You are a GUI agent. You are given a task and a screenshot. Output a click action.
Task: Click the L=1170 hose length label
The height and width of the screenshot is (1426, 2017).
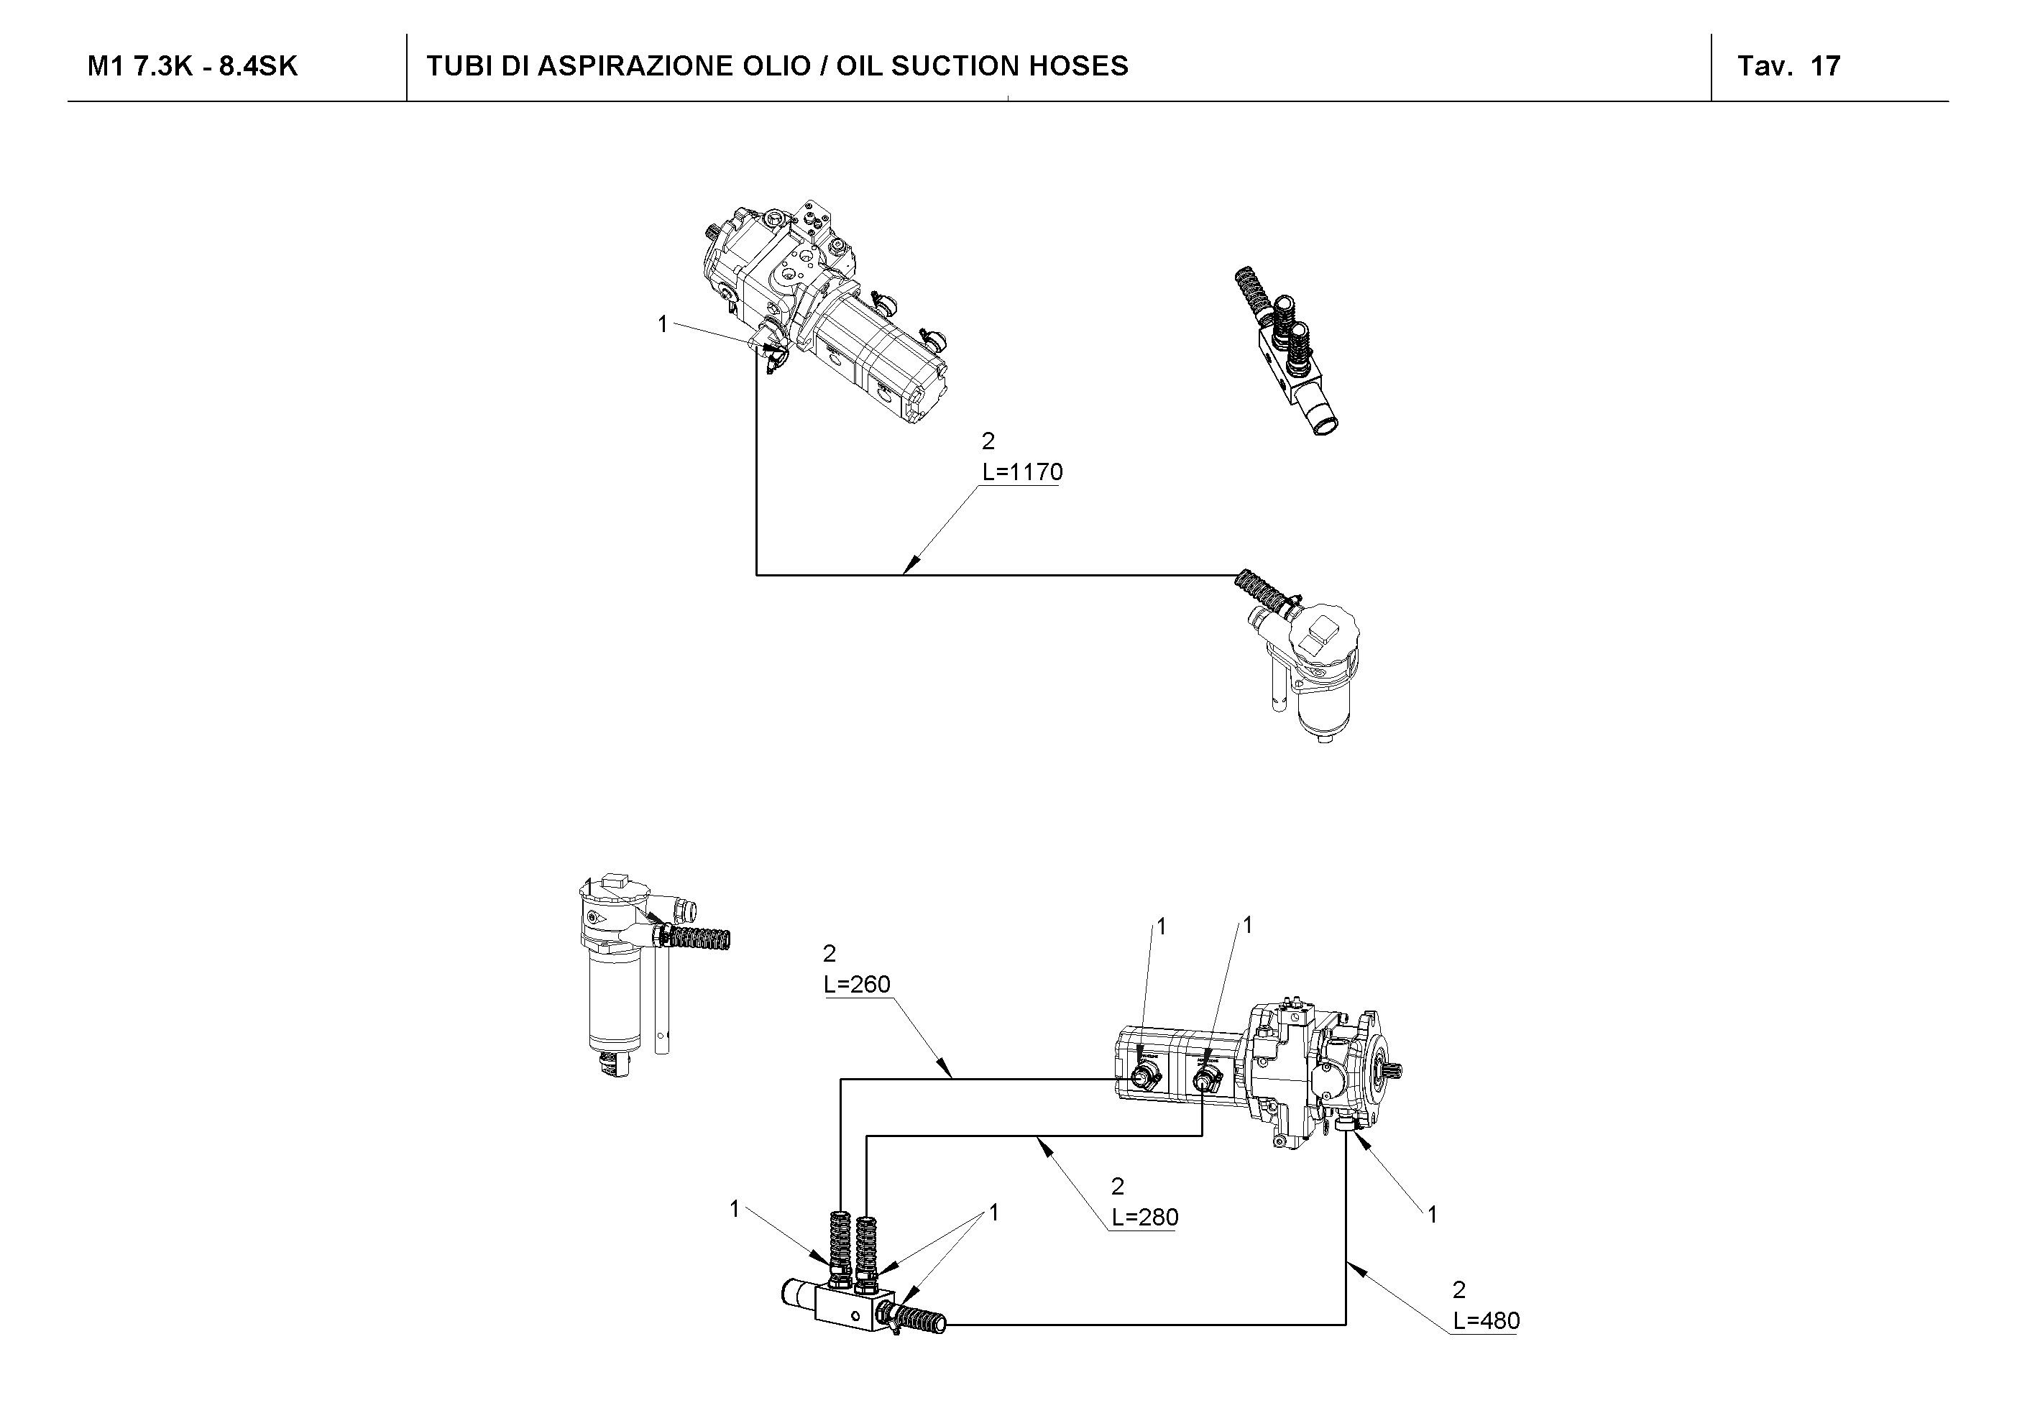click(1021, 473)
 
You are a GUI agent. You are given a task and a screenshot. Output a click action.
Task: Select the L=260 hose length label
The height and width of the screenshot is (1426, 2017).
click(857, 984)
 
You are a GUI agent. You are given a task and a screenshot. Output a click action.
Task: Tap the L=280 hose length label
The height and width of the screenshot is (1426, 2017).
click(1144, 1217)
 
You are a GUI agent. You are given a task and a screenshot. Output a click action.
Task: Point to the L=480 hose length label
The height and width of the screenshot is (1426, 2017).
click(1486, 1320)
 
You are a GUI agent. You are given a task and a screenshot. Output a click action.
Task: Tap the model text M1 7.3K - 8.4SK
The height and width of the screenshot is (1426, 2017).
click(193, 67)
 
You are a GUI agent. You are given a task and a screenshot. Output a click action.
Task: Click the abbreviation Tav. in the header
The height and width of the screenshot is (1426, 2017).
click(1764, 67)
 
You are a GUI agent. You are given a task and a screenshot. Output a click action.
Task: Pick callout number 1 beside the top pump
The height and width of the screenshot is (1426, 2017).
click(663, 324)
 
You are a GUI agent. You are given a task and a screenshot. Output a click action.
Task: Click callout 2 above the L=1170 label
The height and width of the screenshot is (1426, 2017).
click(988, 441)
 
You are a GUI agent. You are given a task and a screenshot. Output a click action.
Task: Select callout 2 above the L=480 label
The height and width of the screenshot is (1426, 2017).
click(1458, 1290)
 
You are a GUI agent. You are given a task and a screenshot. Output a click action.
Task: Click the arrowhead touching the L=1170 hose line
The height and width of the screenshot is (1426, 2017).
click(910, 566)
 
